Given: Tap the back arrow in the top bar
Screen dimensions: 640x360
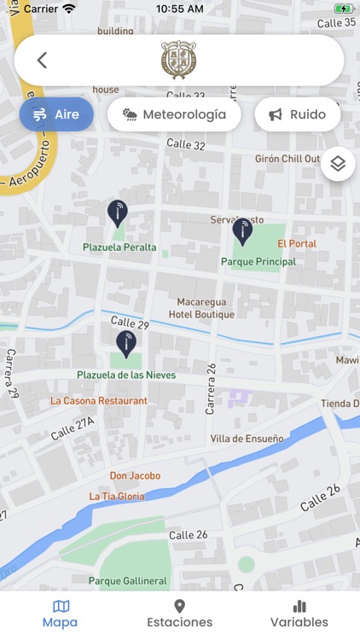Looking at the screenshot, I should coord(42,60).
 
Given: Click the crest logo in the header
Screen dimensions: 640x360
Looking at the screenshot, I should coord(179,60).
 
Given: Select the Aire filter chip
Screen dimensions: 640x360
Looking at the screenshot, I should coord(56,114).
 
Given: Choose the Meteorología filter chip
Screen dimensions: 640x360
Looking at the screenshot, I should coord(175,114).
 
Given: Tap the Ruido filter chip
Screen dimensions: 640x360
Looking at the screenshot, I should coord(297,114).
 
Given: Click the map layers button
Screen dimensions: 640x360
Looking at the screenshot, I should coord(338,164).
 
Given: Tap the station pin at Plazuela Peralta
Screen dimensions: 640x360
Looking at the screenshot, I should coord(118,213).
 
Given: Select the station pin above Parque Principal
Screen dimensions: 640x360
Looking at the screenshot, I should coord(243,230).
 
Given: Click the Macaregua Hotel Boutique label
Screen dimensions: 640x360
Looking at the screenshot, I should coord(206,308).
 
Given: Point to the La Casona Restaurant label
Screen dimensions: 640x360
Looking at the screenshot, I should coord(99,401).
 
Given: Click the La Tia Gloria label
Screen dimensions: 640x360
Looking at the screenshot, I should coord(117,497).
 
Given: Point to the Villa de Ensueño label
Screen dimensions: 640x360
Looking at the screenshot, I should coord(247,439).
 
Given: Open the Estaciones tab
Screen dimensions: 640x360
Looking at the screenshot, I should coord(179,614).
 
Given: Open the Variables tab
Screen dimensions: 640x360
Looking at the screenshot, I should coord(299,614).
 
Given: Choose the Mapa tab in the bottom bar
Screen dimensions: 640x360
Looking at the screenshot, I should coord(60,614).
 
